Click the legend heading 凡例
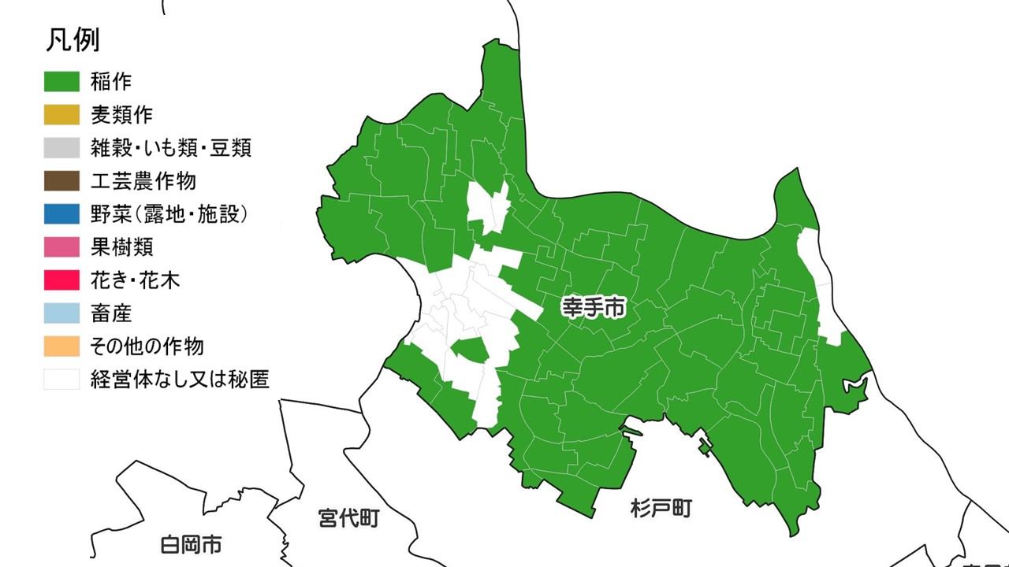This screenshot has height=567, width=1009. pos(71,40)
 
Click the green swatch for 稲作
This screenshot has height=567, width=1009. pos(61,81)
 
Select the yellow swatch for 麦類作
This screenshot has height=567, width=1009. pos(61,114)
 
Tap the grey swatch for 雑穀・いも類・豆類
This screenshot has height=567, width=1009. pos(61,147)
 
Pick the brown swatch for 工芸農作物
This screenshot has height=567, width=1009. pos(61,180)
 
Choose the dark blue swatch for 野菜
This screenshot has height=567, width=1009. pos(61,213)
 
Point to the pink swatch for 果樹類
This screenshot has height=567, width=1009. pos(61,246)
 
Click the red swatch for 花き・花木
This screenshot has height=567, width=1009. pos(61,280)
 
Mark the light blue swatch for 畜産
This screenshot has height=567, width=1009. pos(61,313)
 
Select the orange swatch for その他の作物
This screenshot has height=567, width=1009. pos(61,346)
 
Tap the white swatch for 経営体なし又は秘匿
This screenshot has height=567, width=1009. pos(61,379)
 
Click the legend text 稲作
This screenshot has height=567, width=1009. pos(111,81)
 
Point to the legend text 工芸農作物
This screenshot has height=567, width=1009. pos(143,180)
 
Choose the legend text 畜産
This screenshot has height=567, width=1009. pos(111,313)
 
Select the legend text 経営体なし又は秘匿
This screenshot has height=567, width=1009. pos(180,380)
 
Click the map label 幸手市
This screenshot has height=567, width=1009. pos(594,307)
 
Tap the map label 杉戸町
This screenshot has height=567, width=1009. pos(661,509)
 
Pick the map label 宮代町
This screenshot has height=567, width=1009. pos(349,518)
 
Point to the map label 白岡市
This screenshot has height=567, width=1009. pos(190,544)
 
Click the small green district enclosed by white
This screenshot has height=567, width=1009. pos(468,350)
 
